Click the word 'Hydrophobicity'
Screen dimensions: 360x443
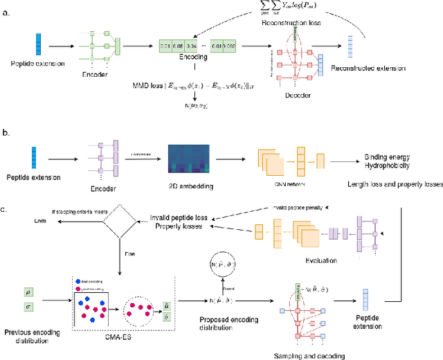pos(387,167)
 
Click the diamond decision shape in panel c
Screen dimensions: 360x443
pos(121,221)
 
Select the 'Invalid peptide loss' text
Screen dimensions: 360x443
pos(183,218)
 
